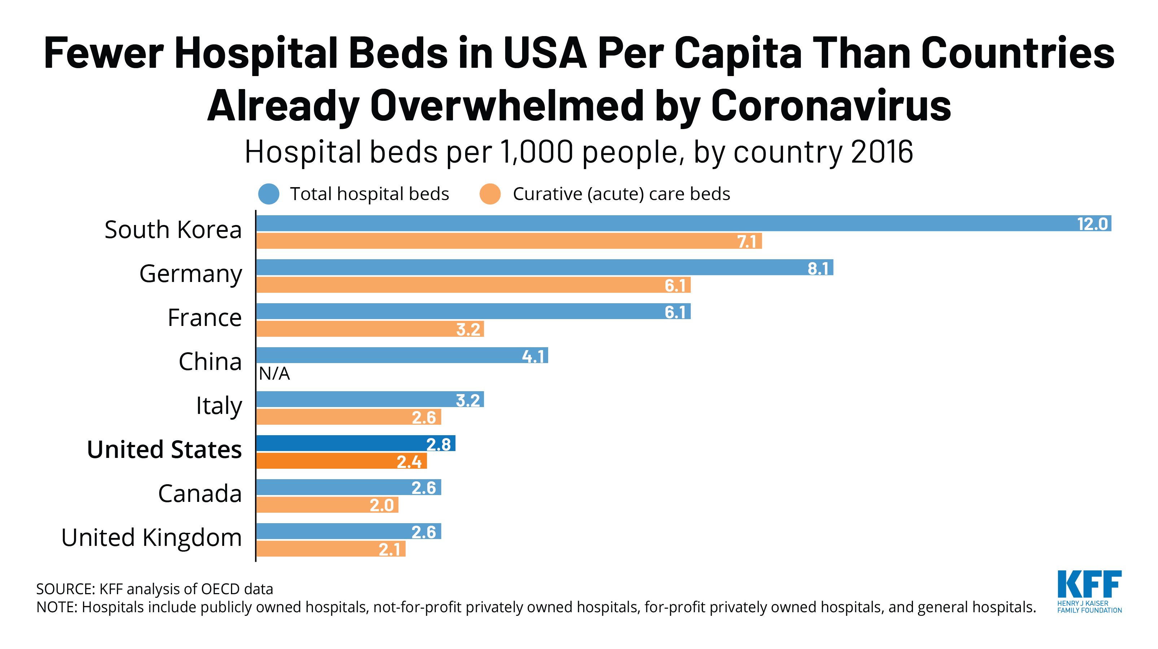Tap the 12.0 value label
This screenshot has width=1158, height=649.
1092,224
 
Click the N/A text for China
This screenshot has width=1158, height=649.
274,373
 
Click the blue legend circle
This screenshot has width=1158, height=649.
269,194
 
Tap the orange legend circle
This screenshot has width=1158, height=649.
490,194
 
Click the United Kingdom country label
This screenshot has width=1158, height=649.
152,538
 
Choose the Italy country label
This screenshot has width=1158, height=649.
219,406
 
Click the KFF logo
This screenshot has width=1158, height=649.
1089,591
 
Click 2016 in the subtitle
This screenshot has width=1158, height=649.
882,152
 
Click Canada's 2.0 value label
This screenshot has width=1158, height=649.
382,505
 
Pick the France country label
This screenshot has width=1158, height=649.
205,318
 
